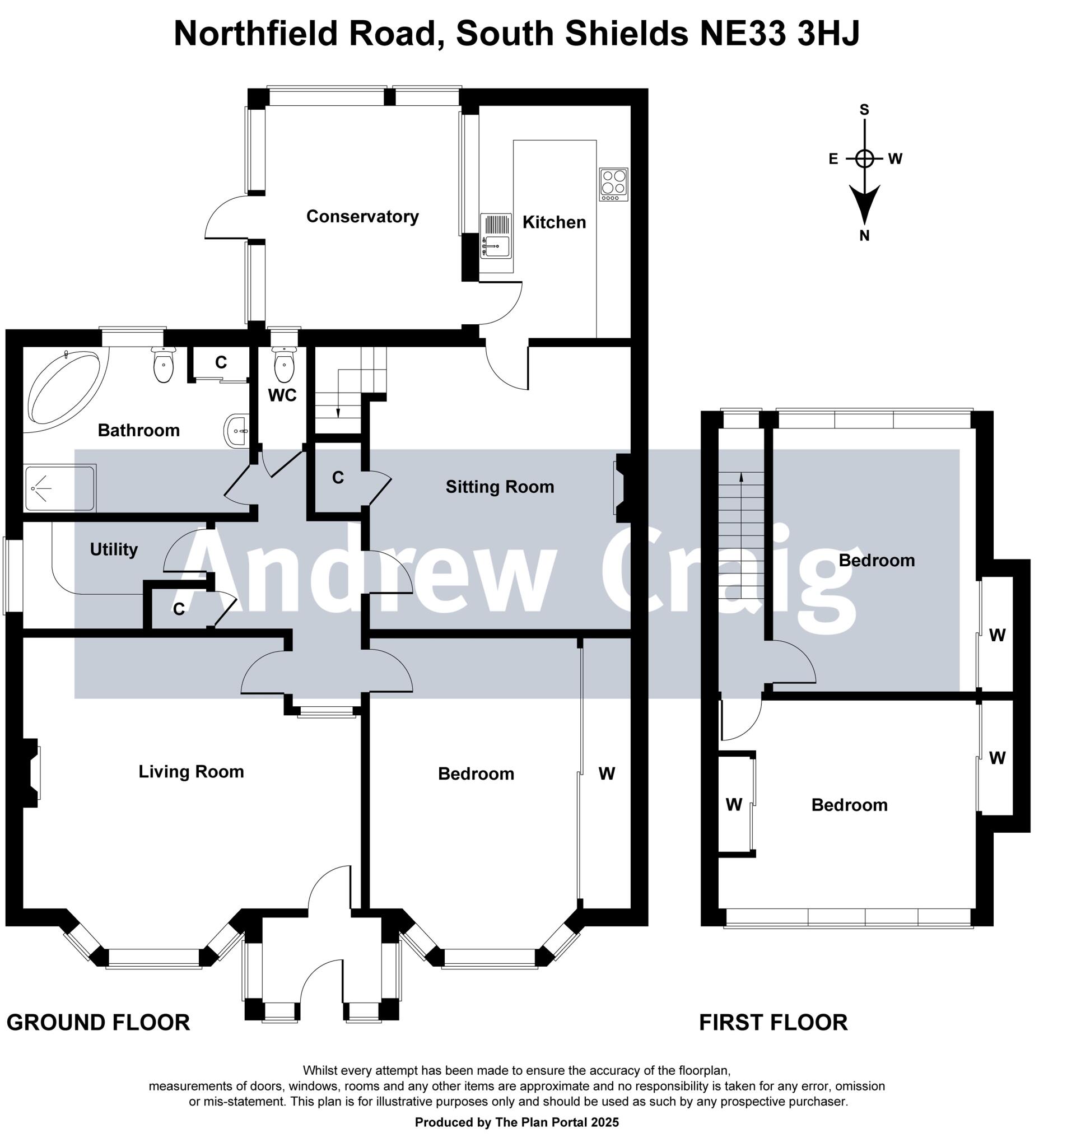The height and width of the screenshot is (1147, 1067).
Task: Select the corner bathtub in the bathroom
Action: [x=64, y=387]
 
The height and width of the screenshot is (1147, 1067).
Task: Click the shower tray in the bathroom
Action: [x=59, y=488]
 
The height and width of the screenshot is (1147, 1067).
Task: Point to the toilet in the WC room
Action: [x=284, y=364]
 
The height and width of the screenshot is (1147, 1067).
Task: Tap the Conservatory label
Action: [x=362, y=216]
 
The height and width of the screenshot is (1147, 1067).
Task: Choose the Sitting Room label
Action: [x=499, y=486]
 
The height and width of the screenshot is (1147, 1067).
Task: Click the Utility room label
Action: [x=114, y=549]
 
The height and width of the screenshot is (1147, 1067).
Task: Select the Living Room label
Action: [x=191, y=771]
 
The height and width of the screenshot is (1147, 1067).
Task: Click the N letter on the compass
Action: [x=864, y=235]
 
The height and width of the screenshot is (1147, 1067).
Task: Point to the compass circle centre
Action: [x=864, y=158]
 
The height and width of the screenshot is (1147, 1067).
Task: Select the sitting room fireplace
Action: [x=622, y=488]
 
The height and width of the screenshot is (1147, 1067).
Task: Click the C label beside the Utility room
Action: [x=179, y=609]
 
